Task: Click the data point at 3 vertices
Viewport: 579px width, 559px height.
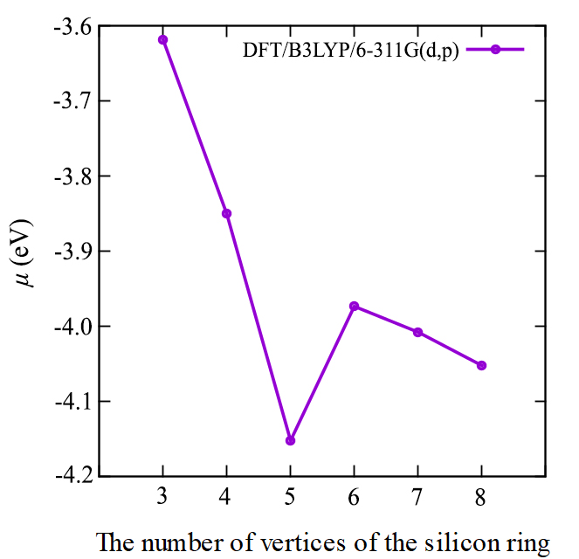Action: [162, 39]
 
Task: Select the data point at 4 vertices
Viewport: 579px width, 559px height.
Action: [226, 213]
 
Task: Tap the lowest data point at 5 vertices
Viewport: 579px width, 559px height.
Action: [290, 440]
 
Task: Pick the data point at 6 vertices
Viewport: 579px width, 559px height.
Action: [354, 306]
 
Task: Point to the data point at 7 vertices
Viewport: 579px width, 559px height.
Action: [417, 332]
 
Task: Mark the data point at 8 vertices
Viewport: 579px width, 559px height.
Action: [481, 365]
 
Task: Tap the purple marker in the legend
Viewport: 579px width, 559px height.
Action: [494, 50]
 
